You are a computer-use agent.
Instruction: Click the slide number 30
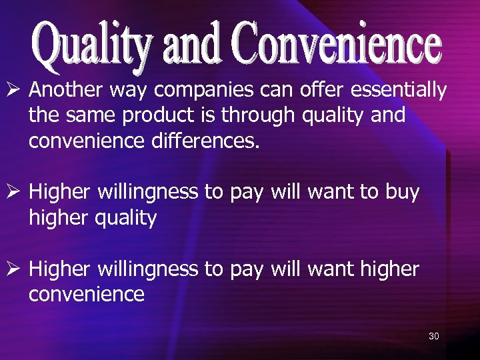tap(433, 336)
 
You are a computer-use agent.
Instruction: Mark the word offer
tap(325, 89)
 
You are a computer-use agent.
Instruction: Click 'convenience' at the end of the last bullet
tap(86, 295)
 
